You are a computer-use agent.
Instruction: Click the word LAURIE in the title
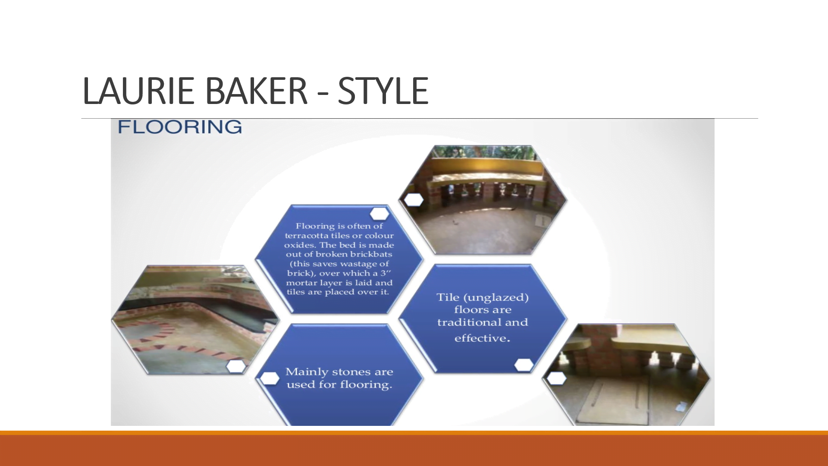tap(138, 91)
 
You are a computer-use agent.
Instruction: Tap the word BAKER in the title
tap(256, 91)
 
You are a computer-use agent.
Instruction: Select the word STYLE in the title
tap(383, 91)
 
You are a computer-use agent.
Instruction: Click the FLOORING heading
tap(179, 127)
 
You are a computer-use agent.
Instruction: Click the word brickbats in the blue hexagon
tap(371, 254)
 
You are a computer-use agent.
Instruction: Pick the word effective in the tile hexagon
tap(480, 338)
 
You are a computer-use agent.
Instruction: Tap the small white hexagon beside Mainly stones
tap(270, 378)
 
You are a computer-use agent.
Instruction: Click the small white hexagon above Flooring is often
tap(379, 214)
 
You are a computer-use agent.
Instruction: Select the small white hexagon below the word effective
tap(524, 365)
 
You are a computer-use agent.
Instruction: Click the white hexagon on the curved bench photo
tap(414, 200)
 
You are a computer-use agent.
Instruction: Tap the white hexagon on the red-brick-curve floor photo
tap(236, 366)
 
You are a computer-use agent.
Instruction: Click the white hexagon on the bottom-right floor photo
tap(556, 378)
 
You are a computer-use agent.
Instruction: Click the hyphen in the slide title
tap(323, 93)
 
